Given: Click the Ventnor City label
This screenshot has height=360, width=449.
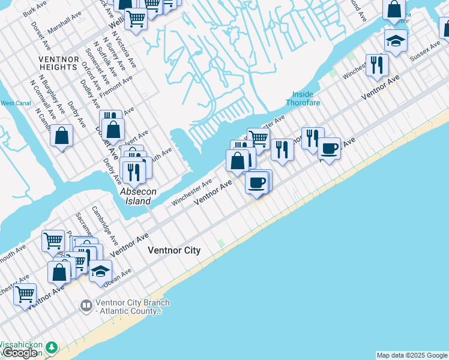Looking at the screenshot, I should point(174,250).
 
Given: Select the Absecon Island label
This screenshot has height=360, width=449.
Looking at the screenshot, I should point(138,196).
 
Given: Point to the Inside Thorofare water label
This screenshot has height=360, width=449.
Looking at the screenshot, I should point(306,98).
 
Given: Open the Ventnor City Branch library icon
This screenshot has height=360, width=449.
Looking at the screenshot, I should point(86,307).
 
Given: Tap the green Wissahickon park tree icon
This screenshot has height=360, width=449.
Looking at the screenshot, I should point(52,347).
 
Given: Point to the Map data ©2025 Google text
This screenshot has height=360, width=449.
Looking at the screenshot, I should point(412,355).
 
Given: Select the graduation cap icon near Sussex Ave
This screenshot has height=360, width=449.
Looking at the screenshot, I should point(396,41).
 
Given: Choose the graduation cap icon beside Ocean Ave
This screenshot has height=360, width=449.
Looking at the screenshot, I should point(101,271).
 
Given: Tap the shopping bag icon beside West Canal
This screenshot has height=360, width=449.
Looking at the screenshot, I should point(61,136).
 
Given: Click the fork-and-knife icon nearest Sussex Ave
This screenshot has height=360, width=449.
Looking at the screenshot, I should point(377,65).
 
